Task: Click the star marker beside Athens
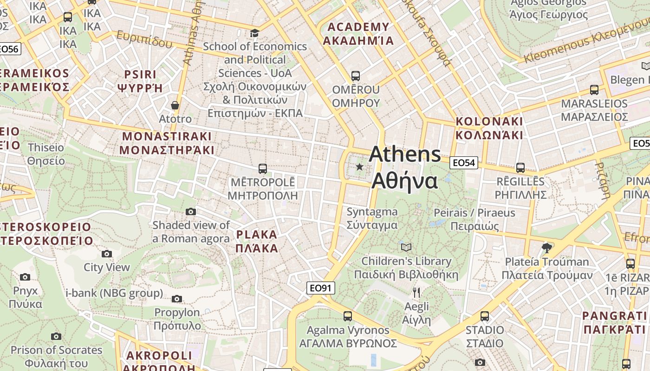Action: point(359,166)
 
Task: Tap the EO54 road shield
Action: point(463,162)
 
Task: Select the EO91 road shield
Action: point(321,288)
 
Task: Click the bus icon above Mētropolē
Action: point(262,168)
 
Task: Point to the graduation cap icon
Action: point(254,33)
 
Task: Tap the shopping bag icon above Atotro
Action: point(175,105)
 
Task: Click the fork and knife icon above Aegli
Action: point(416,292)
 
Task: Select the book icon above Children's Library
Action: point(406,247)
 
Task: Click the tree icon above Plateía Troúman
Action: point(547,248)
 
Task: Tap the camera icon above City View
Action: point(107,254)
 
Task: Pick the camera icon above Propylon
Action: point(177,299)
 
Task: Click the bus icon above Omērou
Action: point(356,76)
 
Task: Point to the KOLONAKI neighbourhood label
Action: point(489,122)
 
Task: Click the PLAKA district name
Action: point(257,234)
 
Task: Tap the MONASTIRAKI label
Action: point(167,136)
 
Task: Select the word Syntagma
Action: point(372,212)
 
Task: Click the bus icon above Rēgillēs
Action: point(520,168)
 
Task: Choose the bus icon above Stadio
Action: point(485,316)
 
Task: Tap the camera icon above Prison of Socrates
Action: point(56,336)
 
